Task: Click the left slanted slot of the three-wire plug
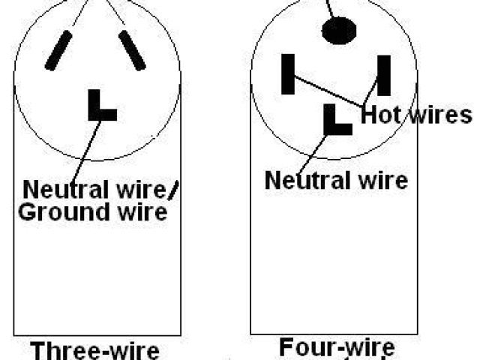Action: click(58, 50)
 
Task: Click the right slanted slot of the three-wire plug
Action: click(131, 50)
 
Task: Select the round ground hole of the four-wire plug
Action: click(337, 30)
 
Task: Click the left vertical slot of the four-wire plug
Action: click(287, 73)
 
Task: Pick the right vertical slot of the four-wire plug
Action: click(384, 75)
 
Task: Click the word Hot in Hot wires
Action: click(382, 115)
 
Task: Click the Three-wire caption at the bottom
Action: click(95, 351)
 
